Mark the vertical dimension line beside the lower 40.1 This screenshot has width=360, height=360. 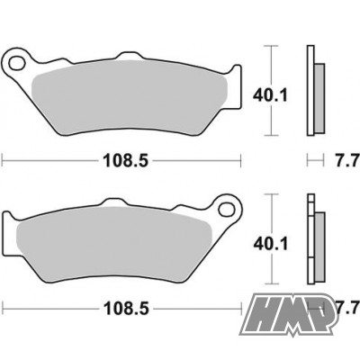coord(269,241)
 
